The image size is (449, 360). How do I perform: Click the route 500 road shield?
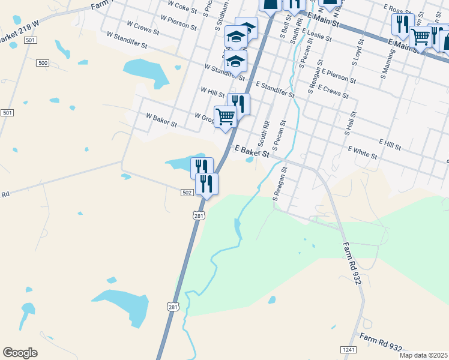43,63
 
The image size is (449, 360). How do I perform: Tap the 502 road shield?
186,192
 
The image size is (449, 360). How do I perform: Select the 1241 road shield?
348,349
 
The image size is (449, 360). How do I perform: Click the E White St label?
363,153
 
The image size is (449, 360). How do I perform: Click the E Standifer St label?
275,90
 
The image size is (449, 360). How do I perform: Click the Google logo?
20,353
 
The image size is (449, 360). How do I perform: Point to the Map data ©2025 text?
423,355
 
